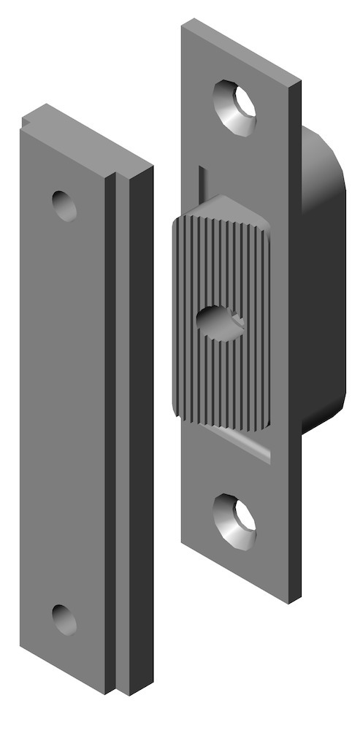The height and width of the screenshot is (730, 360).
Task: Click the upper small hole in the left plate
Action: [x=64, y=205]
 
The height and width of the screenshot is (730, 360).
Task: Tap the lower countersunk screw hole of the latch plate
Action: [x=234, y=520]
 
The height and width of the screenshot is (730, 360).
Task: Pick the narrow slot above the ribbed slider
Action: [x=200, y=186]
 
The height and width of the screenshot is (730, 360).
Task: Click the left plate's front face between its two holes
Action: [x=62, y=409]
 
